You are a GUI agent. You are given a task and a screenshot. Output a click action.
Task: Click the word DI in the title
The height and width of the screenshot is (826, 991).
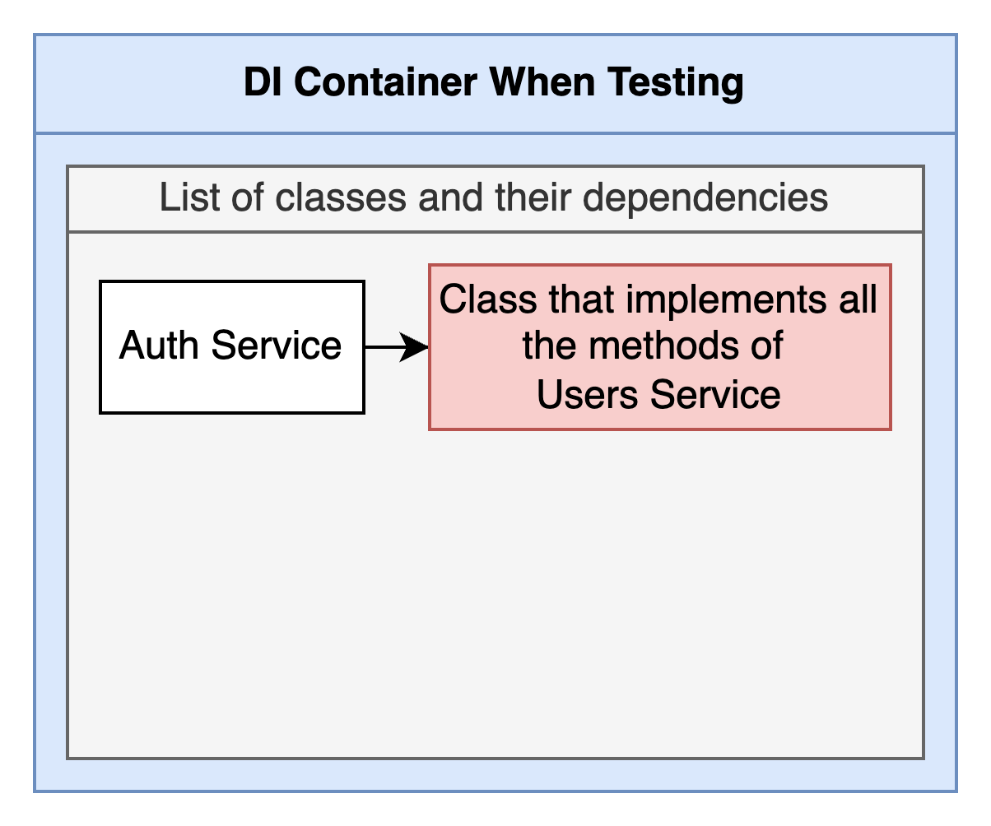263,81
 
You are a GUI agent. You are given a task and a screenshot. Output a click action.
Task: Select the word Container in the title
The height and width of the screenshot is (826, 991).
386,81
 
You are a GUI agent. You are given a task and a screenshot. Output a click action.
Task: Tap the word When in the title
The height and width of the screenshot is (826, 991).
542,81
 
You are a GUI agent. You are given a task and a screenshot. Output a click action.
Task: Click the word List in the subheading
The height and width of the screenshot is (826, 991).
189,197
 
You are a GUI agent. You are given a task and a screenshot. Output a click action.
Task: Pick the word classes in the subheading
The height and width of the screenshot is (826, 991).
341,197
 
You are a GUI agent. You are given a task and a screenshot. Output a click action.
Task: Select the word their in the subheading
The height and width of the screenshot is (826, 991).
533,197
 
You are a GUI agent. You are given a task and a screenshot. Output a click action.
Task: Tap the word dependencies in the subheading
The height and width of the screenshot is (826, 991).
705,200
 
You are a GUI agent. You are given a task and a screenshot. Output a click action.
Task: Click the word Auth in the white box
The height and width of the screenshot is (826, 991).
159,345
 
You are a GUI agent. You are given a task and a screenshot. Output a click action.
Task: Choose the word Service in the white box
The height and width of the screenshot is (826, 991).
277,345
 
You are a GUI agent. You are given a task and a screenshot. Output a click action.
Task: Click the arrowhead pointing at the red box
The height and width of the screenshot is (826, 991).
414,347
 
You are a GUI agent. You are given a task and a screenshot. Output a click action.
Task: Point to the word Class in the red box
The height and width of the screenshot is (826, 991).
488,299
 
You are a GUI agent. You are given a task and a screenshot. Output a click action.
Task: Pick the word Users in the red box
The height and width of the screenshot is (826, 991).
587,394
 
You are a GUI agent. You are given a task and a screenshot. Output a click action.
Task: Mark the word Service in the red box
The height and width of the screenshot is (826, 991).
715,394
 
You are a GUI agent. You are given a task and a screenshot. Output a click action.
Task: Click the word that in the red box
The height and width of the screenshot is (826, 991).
582,299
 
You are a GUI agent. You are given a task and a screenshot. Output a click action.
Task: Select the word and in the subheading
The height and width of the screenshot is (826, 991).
451,197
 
